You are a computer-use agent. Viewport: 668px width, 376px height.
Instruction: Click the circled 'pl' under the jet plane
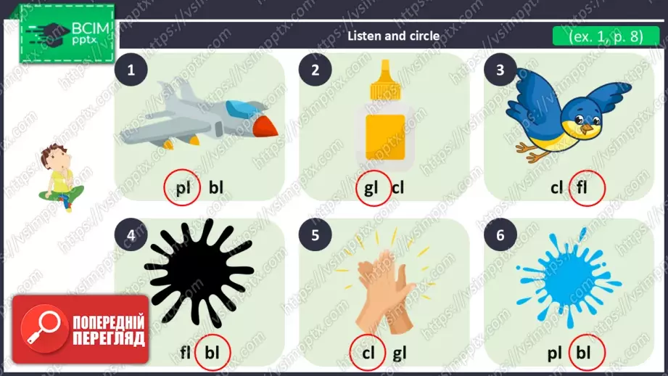pos(183,188)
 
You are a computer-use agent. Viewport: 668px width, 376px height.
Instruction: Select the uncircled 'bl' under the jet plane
pos(216,187)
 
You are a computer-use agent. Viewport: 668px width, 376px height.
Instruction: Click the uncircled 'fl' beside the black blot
pos(185,353)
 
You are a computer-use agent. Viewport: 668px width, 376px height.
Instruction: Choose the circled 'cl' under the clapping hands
pos(368,353)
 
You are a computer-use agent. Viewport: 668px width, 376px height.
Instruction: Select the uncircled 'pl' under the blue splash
pos(555,353)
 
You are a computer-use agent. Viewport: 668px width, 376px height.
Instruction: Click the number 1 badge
pos(131,70)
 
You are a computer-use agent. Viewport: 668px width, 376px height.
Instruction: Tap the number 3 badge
pos(500,70)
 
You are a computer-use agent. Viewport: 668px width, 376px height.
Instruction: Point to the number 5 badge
pos(316,235)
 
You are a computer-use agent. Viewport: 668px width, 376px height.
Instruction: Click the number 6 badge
pos(500,235)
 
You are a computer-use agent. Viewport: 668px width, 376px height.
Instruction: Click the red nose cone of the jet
pos(265,126)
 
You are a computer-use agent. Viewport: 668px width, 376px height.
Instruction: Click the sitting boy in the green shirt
pos(60,177)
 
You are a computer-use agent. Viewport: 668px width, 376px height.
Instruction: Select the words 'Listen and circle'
pos(393,36)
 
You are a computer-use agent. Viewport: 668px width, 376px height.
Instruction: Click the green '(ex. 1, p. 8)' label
pos(606,36)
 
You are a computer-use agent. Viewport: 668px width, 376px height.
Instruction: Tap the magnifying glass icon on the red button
pos(44,327)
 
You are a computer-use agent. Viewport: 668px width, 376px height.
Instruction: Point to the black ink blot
pos(199,273)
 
